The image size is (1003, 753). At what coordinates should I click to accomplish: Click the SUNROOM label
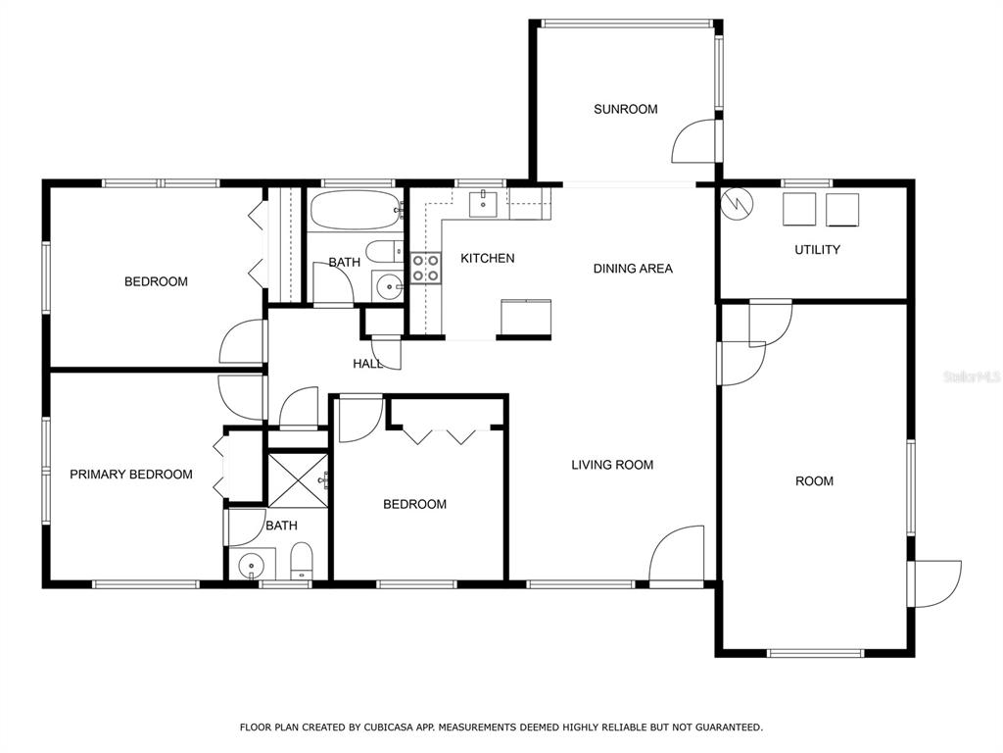(625, 109)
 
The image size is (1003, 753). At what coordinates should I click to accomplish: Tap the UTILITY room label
(817, 250)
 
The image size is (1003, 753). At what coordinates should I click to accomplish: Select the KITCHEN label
(488, 258)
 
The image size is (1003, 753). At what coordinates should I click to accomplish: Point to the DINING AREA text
(633, 269)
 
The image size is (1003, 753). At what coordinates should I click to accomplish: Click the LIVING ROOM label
(612, 465)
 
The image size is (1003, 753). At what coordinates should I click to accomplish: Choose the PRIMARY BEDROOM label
(131, 475)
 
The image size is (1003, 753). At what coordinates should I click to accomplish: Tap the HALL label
(368, 364)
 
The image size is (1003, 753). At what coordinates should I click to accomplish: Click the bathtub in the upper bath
(356, 210)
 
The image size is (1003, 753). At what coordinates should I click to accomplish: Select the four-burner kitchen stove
(425, 268)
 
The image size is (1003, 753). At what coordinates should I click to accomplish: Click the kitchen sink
(483, 203)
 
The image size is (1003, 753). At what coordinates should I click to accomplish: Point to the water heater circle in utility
(737, 204)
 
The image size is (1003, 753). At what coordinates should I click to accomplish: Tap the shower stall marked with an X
(298, 480)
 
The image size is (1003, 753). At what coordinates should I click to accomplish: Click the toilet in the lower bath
(302, 560)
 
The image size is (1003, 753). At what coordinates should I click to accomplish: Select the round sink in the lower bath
(252, 566)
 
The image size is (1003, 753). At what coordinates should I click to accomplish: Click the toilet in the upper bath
(384, 251)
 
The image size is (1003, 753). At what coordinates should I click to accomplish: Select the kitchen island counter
(526, 317)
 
